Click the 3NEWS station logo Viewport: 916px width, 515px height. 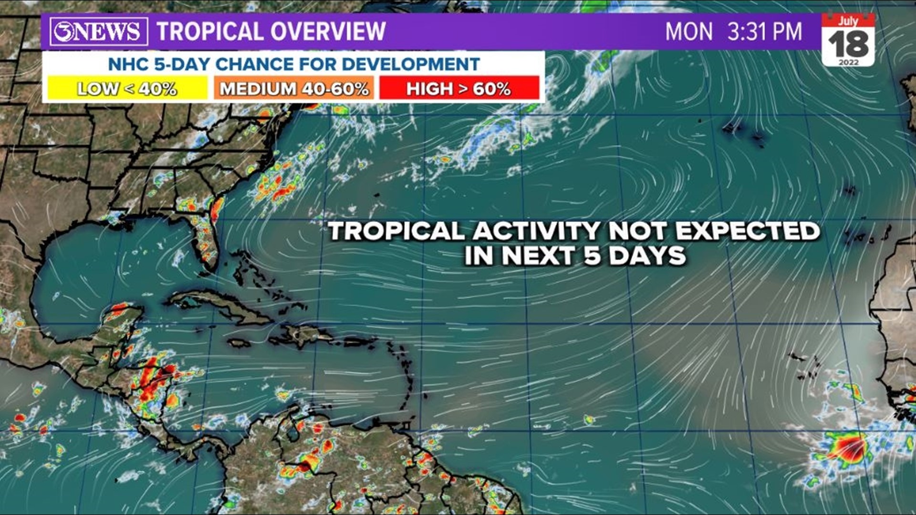[x=98, y=31]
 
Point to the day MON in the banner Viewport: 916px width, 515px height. [x=688, y=31]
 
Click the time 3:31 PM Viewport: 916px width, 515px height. [x=764, y=31]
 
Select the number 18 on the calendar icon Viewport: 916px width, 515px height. [x=848, y=44]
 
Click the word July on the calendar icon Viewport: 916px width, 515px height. [x=848, y=21]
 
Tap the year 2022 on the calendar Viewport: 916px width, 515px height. [x=848, y=62]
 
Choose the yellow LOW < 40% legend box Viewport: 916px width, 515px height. [x=127, y=89]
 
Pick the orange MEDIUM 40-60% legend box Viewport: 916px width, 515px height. [x=294, y=89]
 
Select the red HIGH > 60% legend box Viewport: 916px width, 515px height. [x=459, y=89]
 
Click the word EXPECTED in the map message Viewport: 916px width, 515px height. [x=747, y=231]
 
